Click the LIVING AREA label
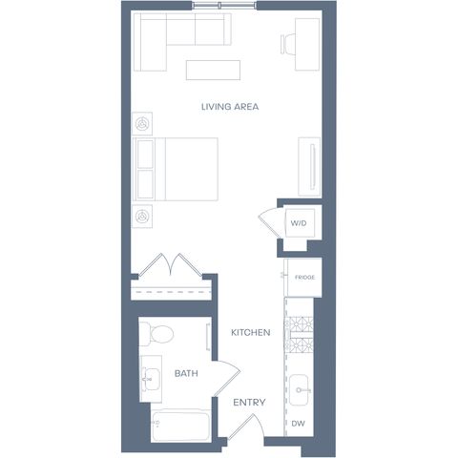[230, 107]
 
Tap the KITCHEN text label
[251, 333]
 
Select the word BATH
[186, 373]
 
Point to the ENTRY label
[249, 403]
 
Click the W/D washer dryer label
[299, 223]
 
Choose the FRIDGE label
[304, 278]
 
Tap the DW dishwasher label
[299, 424]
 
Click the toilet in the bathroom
[156, 334]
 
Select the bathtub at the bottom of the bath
[180, 426]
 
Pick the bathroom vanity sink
[152, 379]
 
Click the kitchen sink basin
[299, 390]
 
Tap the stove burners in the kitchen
[299, 335]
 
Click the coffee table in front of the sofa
[213, 70]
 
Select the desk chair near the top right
[288, 44]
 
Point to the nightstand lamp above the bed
[142, 124]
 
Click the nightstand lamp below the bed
[142, 217]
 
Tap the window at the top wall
[224, 5]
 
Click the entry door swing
[246, 427]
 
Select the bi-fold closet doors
[171, 264]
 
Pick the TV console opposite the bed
[309, 167]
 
